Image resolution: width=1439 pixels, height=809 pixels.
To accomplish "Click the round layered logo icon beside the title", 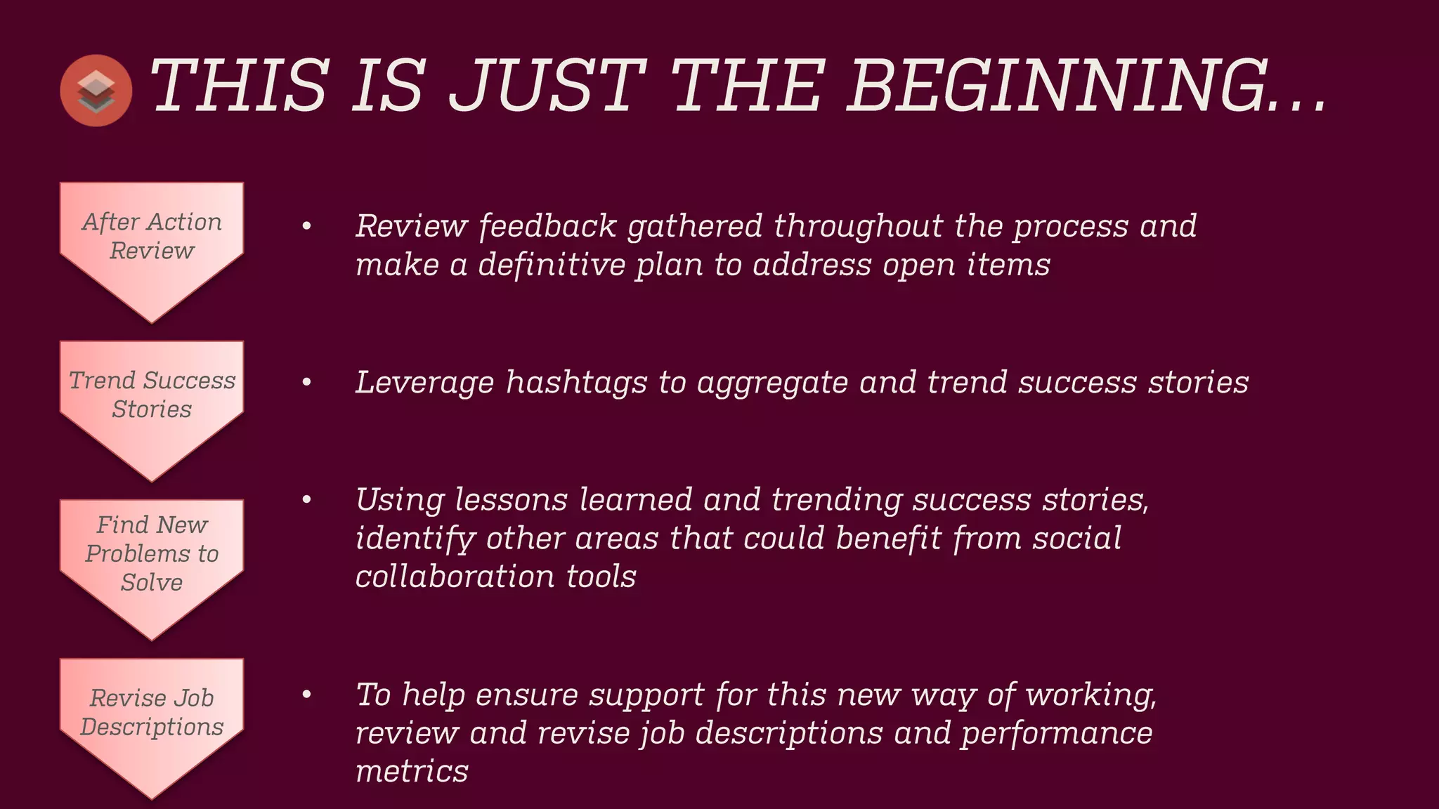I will (x=96, y=91).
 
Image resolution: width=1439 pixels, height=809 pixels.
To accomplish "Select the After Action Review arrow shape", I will (x=152, y=246).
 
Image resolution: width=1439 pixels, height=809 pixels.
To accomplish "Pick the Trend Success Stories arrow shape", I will (x=152, y=404).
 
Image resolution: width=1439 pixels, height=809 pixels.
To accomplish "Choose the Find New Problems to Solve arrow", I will (x=152, y=562).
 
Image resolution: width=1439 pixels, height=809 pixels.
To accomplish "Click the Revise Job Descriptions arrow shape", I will (x=152, y=720).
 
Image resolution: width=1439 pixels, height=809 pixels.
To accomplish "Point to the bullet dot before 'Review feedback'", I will (x=306, y=226).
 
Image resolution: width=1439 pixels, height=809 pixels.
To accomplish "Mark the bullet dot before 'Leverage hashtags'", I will (x=306, y=383).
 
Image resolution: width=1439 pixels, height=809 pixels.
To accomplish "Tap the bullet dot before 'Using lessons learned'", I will (x=306, y=500).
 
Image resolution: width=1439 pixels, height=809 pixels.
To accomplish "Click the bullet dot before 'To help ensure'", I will (x=306, y=695).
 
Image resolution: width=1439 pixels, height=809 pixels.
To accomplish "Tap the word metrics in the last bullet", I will (x=412, y=772).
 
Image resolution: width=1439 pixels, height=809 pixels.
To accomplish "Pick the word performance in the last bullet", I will (x=1057, y=734).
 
